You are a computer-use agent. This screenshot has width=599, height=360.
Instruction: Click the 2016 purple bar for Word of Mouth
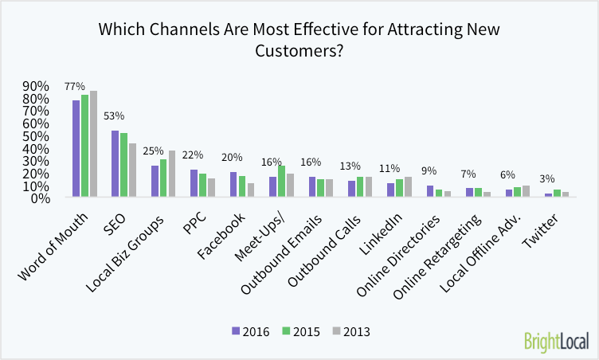76,149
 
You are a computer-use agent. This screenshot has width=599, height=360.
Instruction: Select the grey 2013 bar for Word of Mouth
93,144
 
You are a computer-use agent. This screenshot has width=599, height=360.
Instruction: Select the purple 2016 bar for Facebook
233,184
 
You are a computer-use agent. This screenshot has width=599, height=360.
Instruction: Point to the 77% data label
75,85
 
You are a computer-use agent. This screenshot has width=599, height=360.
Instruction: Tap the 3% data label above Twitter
547,180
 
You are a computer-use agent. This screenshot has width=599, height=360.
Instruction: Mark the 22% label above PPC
193,155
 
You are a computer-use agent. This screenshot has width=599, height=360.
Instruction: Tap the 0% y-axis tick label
40,198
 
